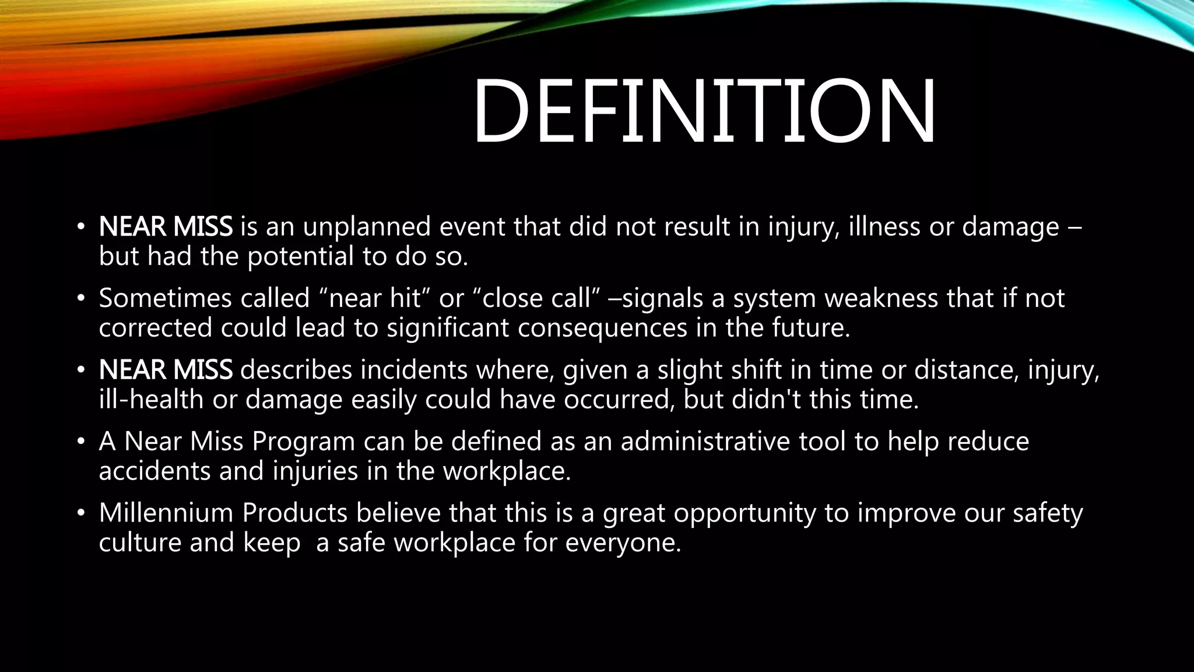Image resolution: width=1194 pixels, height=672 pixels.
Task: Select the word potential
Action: pos(300,257)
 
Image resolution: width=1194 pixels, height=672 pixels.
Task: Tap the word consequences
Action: pos(602,328)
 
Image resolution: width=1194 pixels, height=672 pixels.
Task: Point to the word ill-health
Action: pos(151,400)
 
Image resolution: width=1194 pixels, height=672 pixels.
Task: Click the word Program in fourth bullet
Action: pos(303,442)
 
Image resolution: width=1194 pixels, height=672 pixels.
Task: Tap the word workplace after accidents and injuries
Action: pos(506,471)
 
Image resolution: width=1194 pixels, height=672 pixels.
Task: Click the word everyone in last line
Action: pos(623,543)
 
